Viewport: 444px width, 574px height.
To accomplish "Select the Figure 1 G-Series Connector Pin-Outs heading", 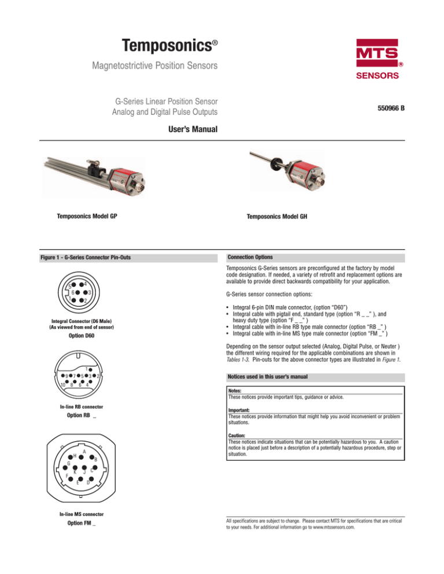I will (x=89, y=256).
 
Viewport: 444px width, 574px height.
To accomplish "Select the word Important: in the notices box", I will (x=239, y=412).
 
